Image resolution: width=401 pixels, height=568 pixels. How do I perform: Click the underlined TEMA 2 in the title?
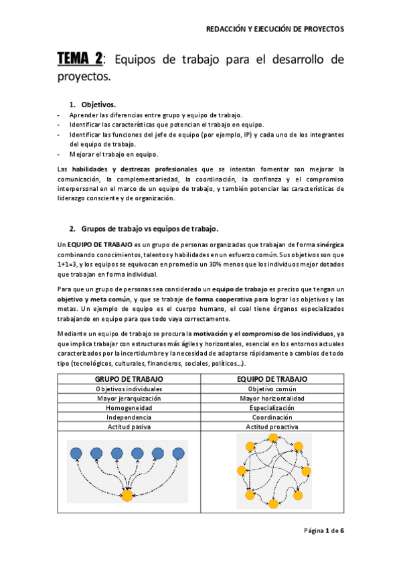tap(80, 60)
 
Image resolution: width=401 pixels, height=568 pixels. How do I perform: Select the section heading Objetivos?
tap(98, 104)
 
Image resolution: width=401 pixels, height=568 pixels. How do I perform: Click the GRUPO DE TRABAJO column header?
tap(130, 379)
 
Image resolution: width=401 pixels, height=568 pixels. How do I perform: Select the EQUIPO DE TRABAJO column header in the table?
tap(272, 379)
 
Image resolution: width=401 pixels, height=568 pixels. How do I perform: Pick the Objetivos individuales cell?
tap(130, 389)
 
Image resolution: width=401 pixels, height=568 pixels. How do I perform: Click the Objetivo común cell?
tap(272, 389)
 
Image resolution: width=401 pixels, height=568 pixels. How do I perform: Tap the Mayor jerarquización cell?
tap(130, 399)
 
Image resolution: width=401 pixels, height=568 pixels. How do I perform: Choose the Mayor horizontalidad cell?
tap(272, 399)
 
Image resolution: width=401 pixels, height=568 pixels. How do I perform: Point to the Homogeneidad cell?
tap(130, 408)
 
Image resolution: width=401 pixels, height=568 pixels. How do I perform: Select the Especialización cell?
tap(272, 408)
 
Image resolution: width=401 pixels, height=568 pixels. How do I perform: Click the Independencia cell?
tap(130, 417)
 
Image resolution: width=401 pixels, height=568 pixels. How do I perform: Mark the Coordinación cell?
tap(272, 417)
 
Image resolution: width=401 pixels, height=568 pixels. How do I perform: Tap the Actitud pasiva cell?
tap(130, 427)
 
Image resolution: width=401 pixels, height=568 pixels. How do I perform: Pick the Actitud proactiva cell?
tap(272, 427)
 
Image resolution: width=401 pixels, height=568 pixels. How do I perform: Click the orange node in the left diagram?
tap(127, 496)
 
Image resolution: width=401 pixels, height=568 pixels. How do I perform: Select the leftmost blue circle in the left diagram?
tap(76, 453)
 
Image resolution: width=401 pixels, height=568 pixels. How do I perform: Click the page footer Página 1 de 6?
tap(324, 530)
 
